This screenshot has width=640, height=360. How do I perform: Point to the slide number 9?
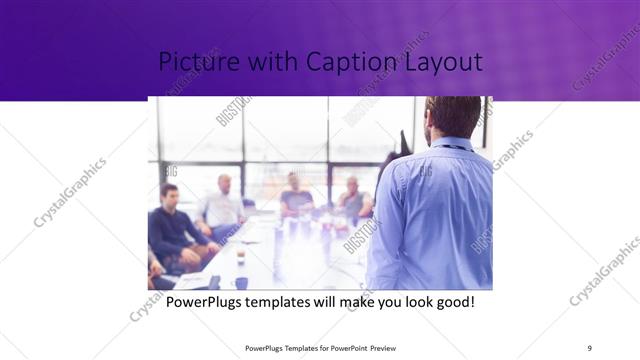[x=590, y=348]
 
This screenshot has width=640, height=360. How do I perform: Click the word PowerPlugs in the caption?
[x=204, y=300]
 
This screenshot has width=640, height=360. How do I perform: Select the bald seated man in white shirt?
[x=222, y=205]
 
